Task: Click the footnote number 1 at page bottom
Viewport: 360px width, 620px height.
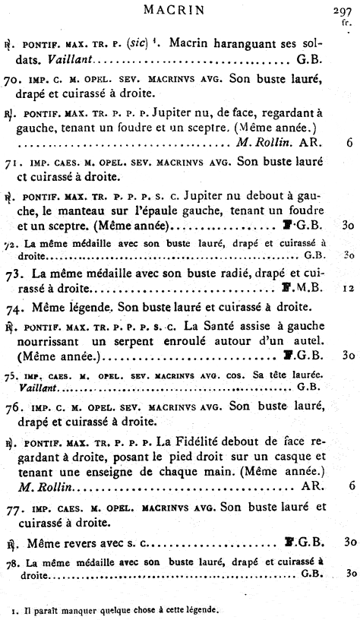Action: tap(14, 609)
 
